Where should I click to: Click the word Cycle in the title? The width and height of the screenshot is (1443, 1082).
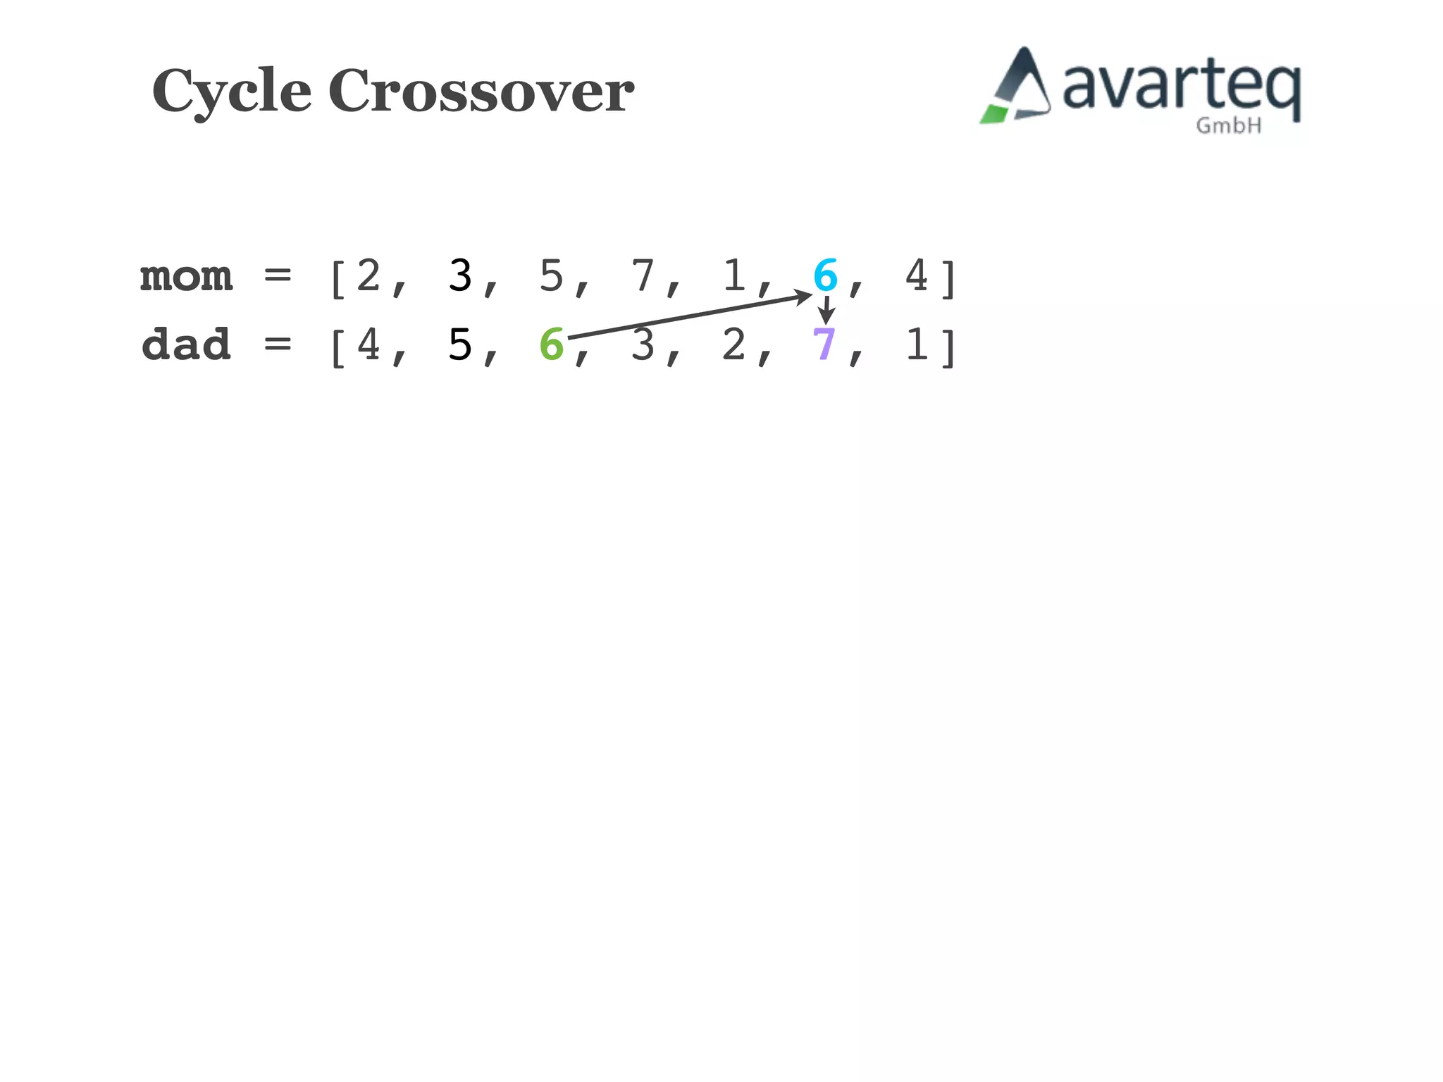tap(232, 92)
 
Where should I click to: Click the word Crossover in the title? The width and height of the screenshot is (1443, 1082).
tap(481, 92)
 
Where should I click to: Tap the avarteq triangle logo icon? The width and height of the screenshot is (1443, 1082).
tap(1017, 87)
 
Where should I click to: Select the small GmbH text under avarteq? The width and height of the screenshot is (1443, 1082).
tap(1228, 126)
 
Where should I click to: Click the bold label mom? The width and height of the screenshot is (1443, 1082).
tap(186, 276)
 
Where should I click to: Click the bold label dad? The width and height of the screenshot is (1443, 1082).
tap(186, 345)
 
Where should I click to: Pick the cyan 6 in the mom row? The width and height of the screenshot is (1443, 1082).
tap(825, 275)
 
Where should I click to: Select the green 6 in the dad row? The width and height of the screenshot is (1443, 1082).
tap(552, 345)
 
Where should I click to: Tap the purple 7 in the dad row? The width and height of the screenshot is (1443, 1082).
tap(824, 344)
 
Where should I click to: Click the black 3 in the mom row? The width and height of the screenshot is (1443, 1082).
tap(460, 275)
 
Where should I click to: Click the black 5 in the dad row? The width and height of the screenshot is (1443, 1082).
tap(460, 345)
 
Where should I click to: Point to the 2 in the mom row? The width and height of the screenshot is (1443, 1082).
tap(369, 275)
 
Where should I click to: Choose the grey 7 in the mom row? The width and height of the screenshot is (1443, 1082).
tap(643, 275)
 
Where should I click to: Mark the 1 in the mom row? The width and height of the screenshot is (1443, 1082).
tap(734, 275)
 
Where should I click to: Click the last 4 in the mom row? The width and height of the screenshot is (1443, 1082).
tap(917, 275)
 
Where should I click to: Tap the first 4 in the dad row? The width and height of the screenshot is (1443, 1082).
tap(369, 345)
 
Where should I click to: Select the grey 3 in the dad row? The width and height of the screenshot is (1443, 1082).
tap(643, 345)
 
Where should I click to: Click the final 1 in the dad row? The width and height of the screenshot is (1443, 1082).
tap(917, 345)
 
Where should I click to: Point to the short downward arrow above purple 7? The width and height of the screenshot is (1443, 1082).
tap(826, 310)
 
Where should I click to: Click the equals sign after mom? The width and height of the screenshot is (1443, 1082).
tap(278, 275)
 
